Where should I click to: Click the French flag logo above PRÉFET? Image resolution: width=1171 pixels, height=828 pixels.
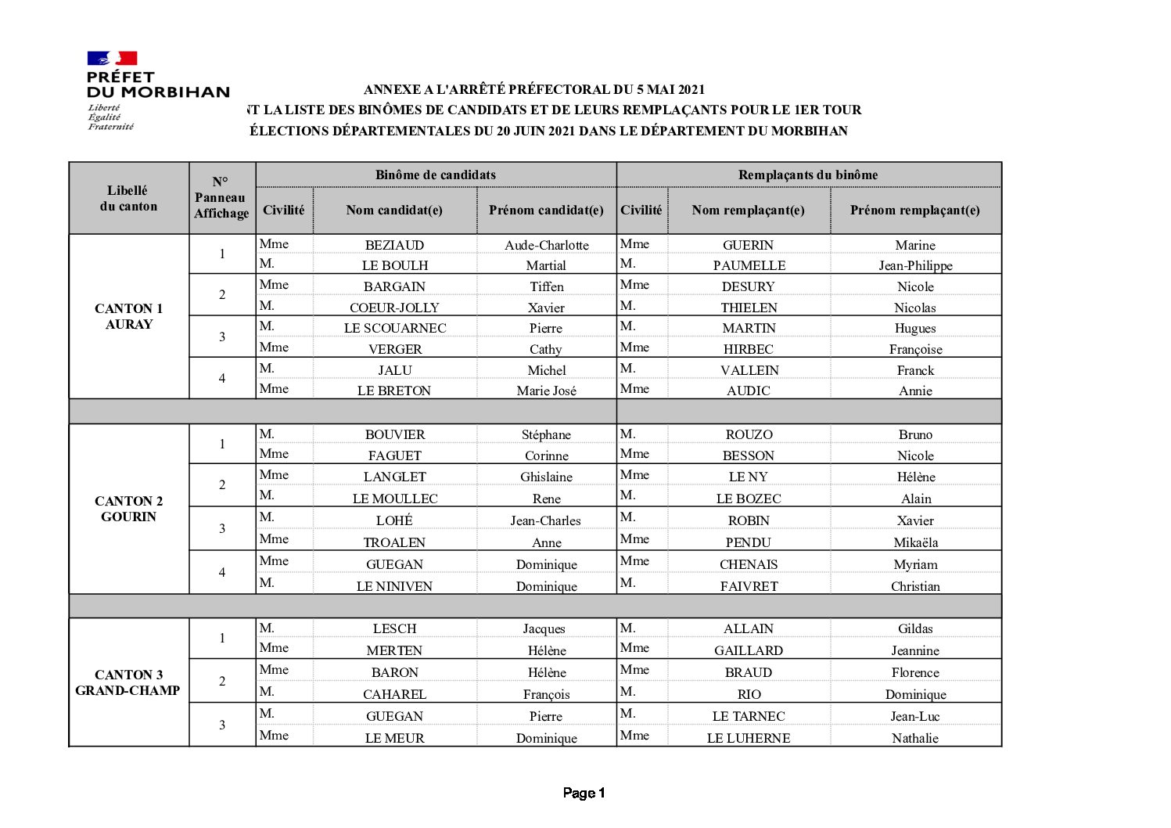tap(112, 58)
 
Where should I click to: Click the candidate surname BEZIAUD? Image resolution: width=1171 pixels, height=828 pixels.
tap(394, 245)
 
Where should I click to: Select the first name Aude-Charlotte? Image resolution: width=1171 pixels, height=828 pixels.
tap(546, 245)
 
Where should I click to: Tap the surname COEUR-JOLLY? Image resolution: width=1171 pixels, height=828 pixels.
tap(394, 308)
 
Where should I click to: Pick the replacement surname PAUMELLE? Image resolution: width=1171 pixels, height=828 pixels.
tap(749, 265)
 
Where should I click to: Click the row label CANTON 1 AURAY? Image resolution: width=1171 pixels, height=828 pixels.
tap(129, 316)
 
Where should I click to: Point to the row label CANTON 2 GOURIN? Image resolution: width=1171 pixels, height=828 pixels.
tap(129, 509)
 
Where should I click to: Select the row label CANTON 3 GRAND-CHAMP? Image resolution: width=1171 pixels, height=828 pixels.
tap(128, 682)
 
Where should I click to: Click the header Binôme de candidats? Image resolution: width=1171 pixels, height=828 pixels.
tap(435, 175)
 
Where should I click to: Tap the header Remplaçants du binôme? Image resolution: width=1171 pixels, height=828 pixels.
tap(808, 175)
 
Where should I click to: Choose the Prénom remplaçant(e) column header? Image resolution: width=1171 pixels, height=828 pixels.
tap(914, 210)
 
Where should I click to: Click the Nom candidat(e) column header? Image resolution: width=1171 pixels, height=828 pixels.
tap(394, 210)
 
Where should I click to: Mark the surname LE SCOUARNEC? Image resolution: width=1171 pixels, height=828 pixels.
tap(395, 328)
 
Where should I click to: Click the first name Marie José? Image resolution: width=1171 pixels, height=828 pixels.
tap(546, 391)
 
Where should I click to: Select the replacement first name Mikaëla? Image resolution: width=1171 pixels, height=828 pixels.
tap(915, 542)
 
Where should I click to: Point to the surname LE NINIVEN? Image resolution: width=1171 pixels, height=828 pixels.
tap(394, 586)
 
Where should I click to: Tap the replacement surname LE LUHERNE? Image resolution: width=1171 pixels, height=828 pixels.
tap(749, 738)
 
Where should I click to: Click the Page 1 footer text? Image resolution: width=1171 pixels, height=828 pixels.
tap(584, 793)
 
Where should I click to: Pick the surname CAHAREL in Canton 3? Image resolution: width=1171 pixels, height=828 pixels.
tap(394, 694)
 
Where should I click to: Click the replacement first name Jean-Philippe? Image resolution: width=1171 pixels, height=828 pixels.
tap(915, 265)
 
